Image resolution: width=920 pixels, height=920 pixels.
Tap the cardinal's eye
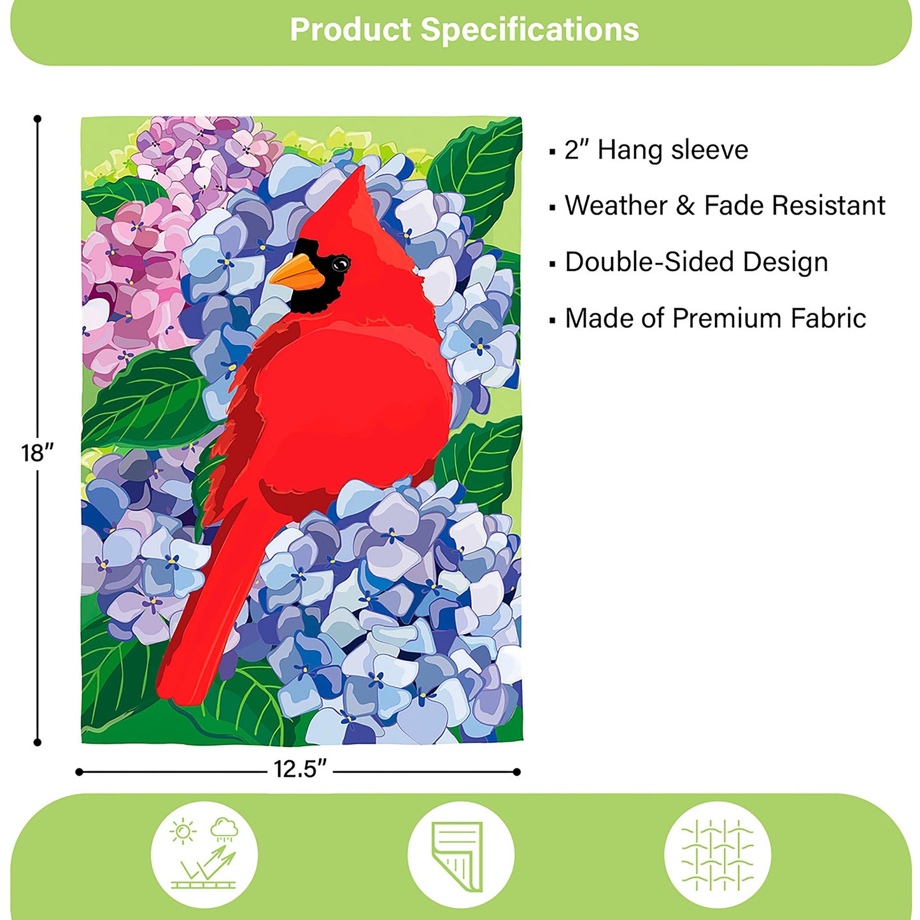341,263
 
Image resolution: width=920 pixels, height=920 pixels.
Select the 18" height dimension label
37,453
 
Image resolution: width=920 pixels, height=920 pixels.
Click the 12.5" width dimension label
299,769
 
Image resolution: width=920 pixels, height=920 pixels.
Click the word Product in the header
350,30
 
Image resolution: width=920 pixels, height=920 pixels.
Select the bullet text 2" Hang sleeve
656,150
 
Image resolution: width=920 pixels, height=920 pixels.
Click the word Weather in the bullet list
616,206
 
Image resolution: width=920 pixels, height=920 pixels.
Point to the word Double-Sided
649,262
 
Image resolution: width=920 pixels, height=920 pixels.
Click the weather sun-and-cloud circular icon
204,854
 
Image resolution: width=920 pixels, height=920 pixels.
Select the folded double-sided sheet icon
460,854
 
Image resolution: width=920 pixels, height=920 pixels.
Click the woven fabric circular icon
718,854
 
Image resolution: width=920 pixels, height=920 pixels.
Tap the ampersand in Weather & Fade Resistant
685,206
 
